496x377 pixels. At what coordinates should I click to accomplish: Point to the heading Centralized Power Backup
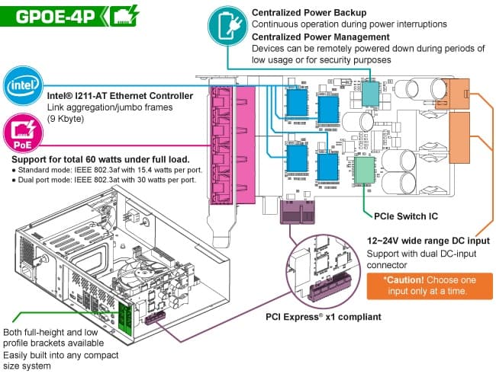click(x=308, y=13)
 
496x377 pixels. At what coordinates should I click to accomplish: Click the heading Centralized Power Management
click(x=320, y=37)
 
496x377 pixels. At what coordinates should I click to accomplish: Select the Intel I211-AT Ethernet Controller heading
click(x=121, y=96)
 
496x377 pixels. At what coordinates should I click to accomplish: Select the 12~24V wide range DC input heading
click(x=428, y=241)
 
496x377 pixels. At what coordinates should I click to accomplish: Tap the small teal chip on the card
click(x=370, y=92)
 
